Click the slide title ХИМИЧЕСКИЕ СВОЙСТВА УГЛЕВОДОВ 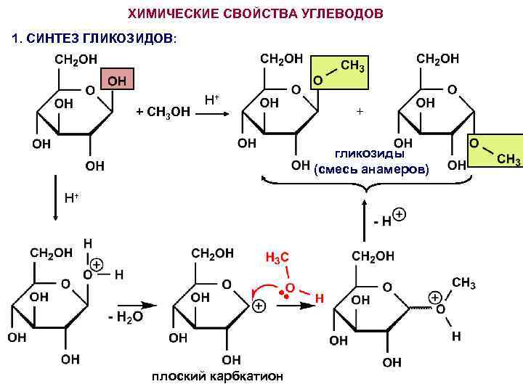pos(256,15)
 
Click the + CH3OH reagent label pos(163,111)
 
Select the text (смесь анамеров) pos(370,169)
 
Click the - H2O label pos(125,317)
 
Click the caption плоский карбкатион pos(217,376)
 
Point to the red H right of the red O pos(319,298)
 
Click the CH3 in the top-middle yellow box pos(352,65)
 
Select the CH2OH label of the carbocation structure pos(212,253)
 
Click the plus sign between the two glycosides pos(357,113)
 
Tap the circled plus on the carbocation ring pos(258,306)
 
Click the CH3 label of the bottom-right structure pos(464,283)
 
